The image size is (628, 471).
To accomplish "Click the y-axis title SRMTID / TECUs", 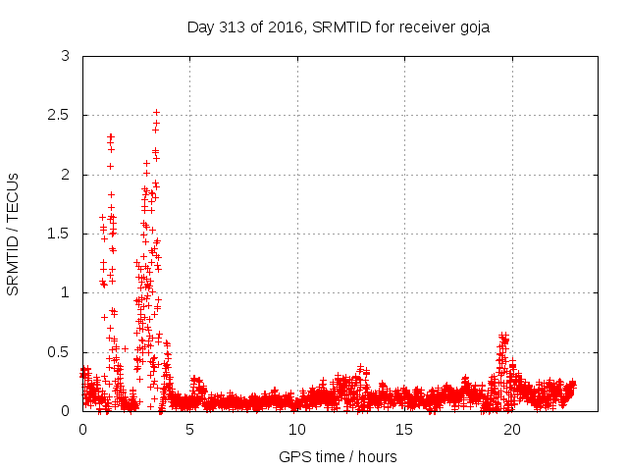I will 13,234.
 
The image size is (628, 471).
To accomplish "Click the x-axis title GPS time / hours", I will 338,456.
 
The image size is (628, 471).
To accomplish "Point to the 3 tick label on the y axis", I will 65,57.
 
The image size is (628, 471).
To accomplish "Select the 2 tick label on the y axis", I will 65,175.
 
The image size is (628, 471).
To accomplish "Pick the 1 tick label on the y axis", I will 65,292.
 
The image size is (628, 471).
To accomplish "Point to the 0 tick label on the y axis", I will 65,410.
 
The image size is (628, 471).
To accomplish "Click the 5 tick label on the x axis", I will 190,430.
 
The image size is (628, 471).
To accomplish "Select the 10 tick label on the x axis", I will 297,430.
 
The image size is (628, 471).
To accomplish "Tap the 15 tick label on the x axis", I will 405,430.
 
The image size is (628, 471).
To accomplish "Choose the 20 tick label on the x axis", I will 512,430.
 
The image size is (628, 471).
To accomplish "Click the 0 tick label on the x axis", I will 82,430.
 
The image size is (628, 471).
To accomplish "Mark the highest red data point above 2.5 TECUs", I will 156,113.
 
